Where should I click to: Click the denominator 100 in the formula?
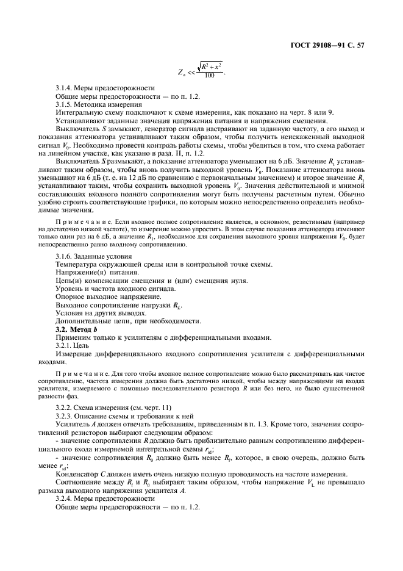[x=210, y=75]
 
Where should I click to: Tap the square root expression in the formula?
[x=210, y=65]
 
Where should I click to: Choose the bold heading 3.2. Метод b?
[x=76, y=329]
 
